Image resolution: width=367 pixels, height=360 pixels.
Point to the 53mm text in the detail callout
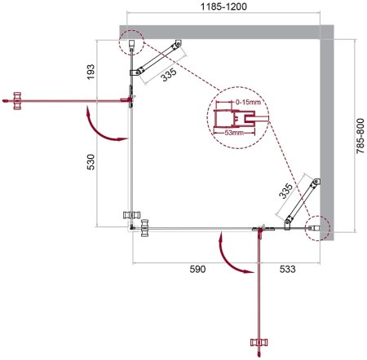coord(237,132)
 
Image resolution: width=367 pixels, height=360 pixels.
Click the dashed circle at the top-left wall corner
coord(131,40)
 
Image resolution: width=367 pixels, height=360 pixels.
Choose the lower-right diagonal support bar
coord(301,198)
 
